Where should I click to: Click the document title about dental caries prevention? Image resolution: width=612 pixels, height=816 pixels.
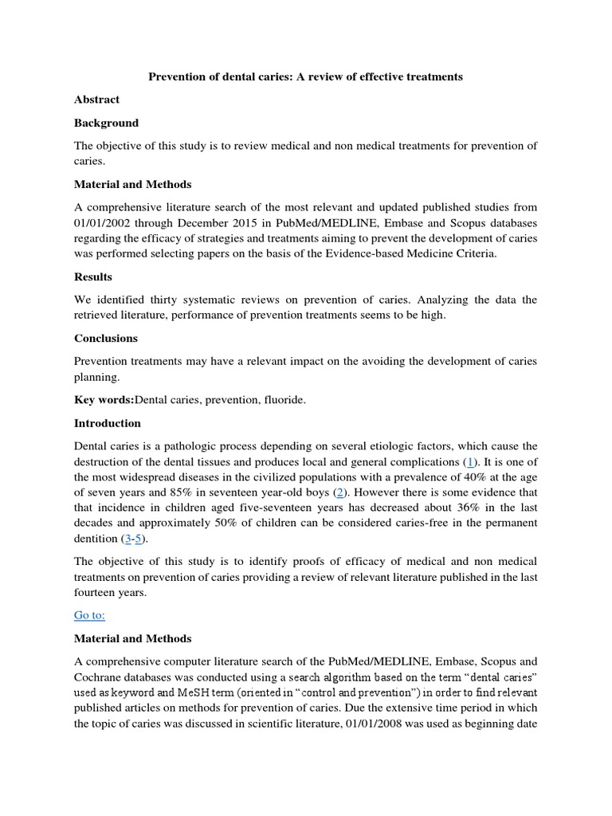(307, 76)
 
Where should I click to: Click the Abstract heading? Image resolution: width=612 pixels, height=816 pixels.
(96, 100)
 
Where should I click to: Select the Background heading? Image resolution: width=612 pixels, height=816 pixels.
(106, 123)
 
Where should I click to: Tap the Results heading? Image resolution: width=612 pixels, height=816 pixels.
(93, 277)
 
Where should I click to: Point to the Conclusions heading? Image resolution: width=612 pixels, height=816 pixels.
(106, 338)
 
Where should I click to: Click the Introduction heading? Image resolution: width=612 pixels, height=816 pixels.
(108, 423)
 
